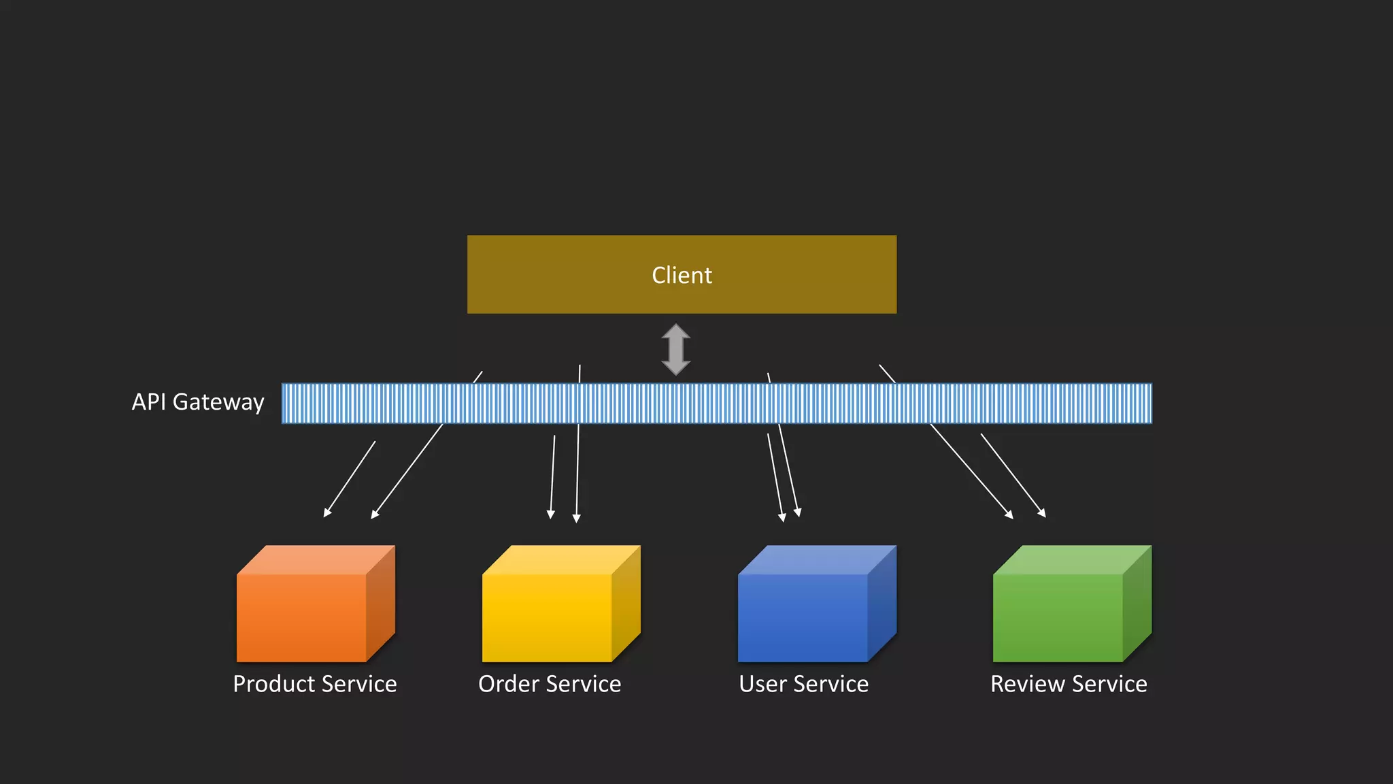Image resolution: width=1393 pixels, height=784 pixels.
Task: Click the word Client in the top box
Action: (x=682, y=275)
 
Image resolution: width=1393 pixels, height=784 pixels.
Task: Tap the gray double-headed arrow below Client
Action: (x=676, y=350)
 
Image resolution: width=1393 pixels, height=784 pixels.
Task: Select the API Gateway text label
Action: (x=198, y=402)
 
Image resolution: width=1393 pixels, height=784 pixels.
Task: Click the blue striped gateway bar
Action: (x=716, y=403)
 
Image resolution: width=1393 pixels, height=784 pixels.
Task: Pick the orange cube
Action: (x=302, y=617)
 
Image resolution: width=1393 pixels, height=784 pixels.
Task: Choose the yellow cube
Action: (x=548, y=617)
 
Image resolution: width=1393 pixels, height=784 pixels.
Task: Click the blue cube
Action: (x=803, y=617)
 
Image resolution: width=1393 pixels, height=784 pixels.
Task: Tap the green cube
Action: (x=1058, y=617)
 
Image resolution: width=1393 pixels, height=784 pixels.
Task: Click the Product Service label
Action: (x=315, y=684)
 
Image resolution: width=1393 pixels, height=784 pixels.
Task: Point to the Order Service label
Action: (x=550, y=684)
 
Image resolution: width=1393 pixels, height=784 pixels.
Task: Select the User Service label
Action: (x=803, y=684)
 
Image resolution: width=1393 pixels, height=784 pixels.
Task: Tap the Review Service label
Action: (x=1069, y=684)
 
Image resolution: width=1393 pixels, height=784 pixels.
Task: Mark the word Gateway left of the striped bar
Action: (x=218, y=402)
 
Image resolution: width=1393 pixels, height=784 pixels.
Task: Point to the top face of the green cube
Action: (x=1072, y=559)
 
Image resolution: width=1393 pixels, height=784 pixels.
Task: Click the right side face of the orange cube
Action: (x=381, y=603)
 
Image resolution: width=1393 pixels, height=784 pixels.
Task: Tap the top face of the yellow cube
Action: (x=561, y=559)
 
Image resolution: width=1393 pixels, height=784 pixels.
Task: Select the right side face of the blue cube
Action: (x=882, y=603)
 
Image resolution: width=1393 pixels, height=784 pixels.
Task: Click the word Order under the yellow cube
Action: (x=509, y=684)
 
